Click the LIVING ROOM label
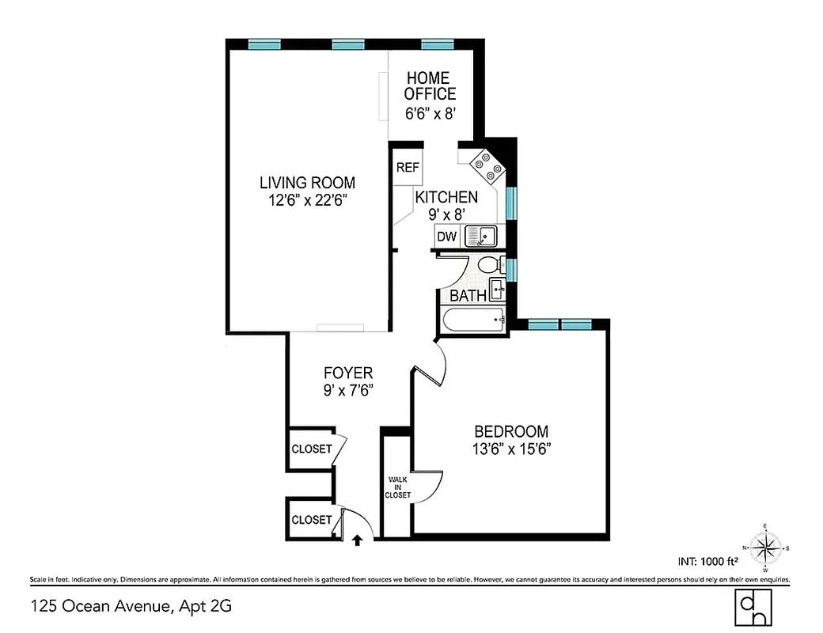[x=307, y=183]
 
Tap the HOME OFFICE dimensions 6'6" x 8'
[x=430, y=113]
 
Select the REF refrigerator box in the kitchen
[x=408, y=168]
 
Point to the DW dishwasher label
[x=446, y=236]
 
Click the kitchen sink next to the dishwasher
[x=480, y=235]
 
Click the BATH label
[x=468, y=296]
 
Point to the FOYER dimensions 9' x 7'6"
[x=348, y=390]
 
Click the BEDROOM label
[x=510, y=432]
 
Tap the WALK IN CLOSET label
[x=398, y=487]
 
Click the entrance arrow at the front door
[x=357, y=540]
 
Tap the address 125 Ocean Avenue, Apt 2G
[x=131, y=607]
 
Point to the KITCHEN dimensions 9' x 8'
[x=446, y=214]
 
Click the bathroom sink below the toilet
[x=498, y=290]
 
